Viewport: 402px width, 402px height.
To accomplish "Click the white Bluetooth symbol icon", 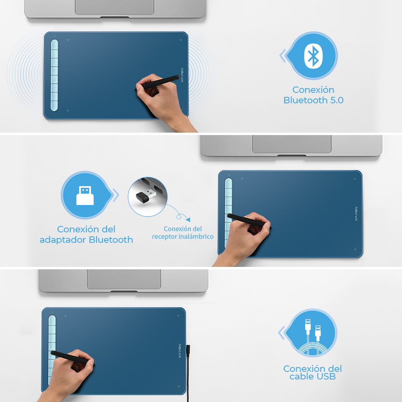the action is [313, 56].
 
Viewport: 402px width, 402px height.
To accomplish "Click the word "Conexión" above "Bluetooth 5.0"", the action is [313, 90].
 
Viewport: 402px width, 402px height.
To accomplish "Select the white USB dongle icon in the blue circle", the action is [85, 195].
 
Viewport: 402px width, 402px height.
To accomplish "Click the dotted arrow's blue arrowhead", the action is [188, 219].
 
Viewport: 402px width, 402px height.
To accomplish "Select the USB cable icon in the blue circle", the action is [312, 336].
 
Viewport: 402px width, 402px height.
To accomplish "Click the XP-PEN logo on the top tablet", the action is [182, 75].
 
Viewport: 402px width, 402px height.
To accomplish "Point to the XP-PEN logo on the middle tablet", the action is [356, 214].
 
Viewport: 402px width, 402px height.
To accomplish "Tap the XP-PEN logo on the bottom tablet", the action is [180, 351].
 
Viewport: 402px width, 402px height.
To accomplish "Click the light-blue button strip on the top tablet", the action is [54, 76].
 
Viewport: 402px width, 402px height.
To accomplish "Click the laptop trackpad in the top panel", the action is [115, 7].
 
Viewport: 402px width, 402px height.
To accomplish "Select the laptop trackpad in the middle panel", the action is [292, 144].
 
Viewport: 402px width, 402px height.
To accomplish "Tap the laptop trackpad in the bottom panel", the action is [124, 279].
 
